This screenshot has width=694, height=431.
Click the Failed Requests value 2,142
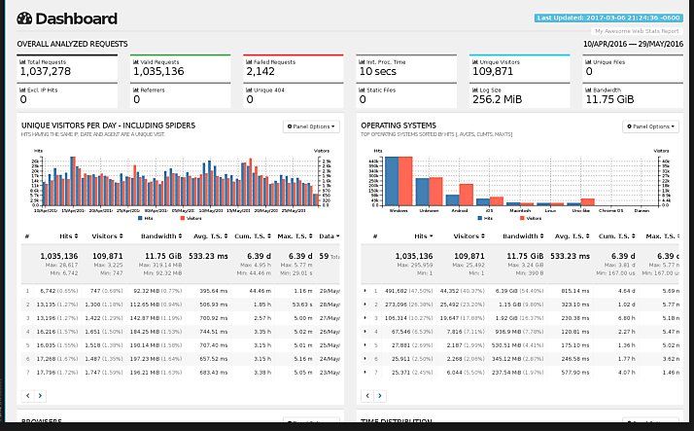pos(261,71)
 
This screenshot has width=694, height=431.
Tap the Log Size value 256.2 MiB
pos(500,98)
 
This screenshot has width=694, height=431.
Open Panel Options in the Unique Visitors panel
pos(311,126)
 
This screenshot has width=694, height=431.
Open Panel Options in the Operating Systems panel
pos(650,126)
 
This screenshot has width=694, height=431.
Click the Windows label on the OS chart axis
pos(399,209)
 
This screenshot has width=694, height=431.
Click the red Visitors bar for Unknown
pos(435,191)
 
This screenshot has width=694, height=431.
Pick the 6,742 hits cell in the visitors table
pos(46,291)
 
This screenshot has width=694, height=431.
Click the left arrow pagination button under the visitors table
pos(28,396)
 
